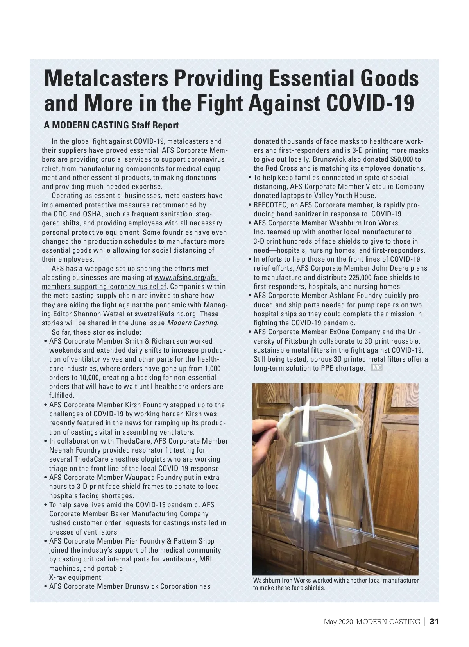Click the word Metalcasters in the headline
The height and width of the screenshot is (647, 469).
point(106,78)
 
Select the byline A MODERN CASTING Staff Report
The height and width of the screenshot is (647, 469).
point(111,125)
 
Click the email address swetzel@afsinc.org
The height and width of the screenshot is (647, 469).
point(165,314)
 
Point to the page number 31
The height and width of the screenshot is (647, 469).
point(435,621)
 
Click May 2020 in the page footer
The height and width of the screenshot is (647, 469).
point(338,622)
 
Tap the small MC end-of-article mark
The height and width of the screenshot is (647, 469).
point(376,368)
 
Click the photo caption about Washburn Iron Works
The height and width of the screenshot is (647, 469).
point(336,584)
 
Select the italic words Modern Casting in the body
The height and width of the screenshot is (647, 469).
point(192,323)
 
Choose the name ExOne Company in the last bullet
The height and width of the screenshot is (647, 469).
point(355,332)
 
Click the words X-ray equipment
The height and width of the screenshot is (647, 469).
point(76,577)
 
